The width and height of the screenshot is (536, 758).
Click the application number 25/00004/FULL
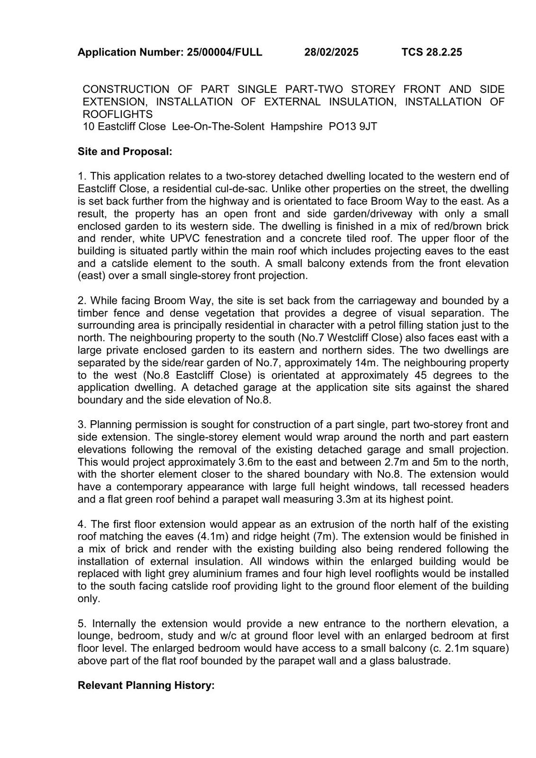point(224,52)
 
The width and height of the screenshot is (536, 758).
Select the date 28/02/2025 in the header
point(331,52)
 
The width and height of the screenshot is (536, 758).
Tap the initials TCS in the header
point(412,52)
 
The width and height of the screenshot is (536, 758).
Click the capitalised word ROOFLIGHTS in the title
point(118,114)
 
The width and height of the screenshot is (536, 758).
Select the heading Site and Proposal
point(125,152)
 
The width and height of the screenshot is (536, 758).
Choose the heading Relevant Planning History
point(146,685)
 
